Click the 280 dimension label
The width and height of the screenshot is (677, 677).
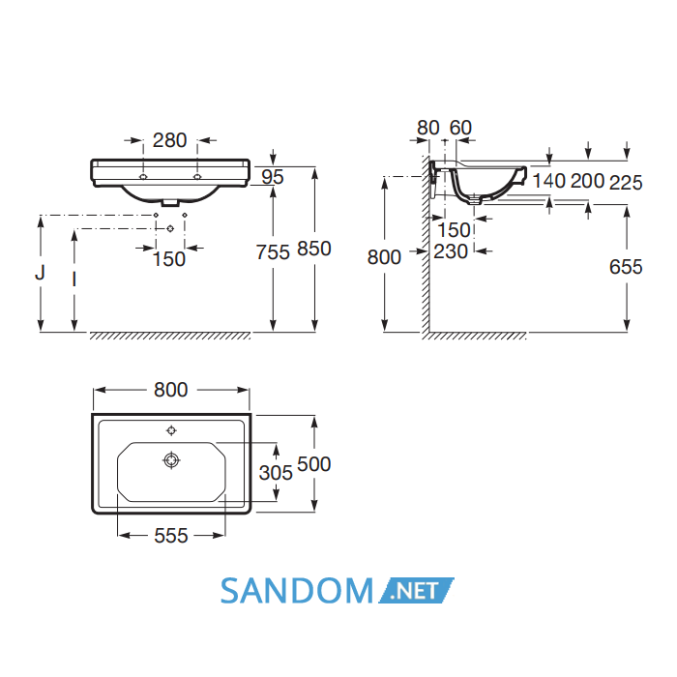(x=169, y=140)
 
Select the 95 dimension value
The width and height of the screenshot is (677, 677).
(x=273, y=177)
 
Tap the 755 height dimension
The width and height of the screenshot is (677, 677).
(x=273, y=252)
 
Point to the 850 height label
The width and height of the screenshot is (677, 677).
(x=314, y=249)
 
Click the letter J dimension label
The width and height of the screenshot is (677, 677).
(x=41, y=273)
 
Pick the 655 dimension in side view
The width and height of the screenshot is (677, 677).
(x=626, y=267)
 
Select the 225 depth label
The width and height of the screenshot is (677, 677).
(x=626, y=183)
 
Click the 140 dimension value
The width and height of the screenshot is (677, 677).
(x=548, y=181)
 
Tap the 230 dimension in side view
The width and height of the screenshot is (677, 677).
(x=451, y=251)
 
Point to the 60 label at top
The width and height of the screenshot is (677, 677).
(x=460, y=128)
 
